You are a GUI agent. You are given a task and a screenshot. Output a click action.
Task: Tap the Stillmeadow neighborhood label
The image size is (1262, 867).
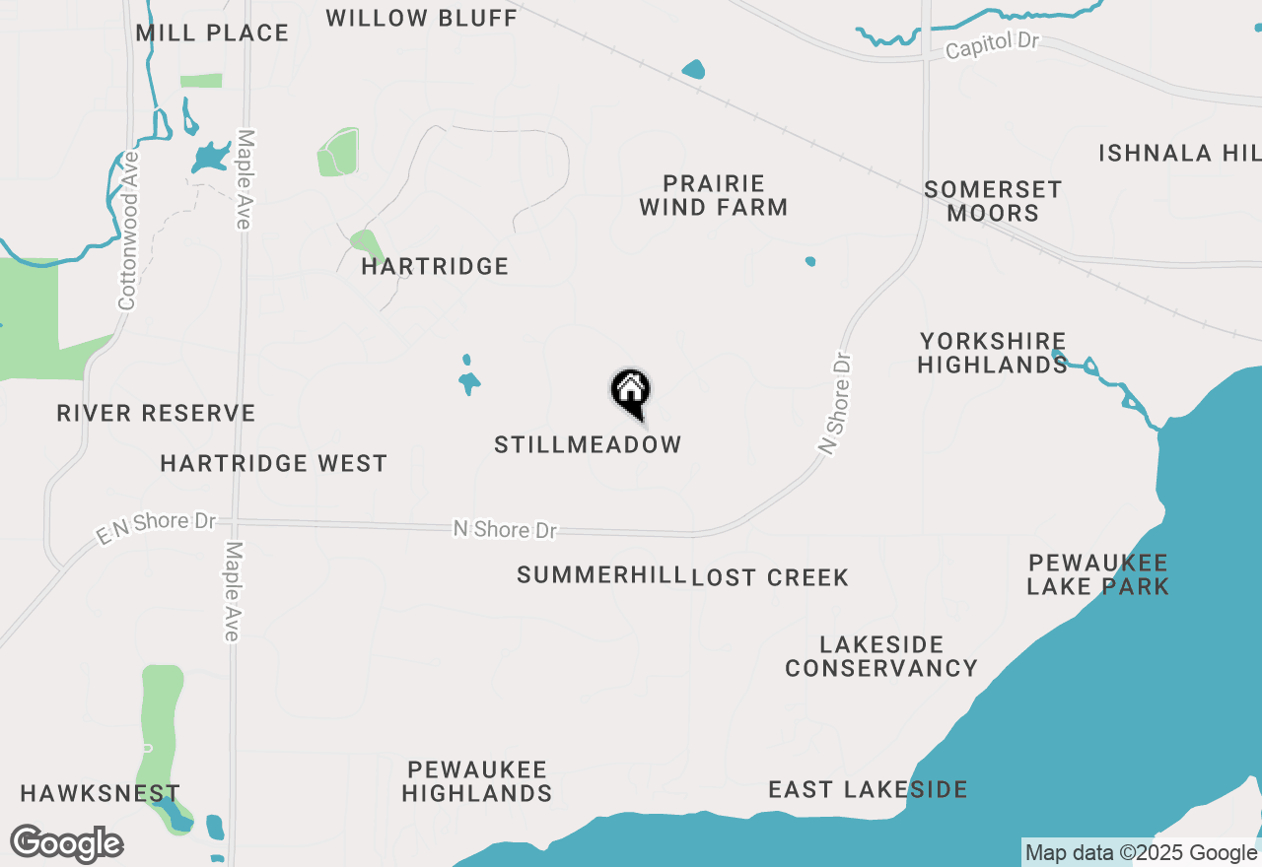[x=588, y=444]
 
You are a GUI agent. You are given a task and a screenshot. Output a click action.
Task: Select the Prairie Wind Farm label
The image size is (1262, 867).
[x=713, y=195]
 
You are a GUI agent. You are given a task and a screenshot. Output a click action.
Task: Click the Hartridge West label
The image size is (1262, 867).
[x=273, y=463]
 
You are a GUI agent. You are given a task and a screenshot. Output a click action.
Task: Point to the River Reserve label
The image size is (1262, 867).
[x=156, y=413]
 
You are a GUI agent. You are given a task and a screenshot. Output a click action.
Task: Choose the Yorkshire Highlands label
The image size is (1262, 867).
[x=992, y=353]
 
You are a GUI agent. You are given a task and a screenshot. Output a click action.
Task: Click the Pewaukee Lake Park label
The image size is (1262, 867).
[x=1097, y=574]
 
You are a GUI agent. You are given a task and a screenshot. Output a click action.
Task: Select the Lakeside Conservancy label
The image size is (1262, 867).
[x=881, y=656]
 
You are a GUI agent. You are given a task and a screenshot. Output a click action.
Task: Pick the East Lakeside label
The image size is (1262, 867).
[x=868, y=789]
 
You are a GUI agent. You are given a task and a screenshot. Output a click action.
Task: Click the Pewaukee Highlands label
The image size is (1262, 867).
[x=476, y=780]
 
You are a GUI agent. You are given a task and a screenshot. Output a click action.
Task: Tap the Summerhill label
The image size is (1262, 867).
[x=600, y=574]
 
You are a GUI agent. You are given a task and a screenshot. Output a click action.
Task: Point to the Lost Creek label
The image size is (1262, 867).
[x=770, y=577]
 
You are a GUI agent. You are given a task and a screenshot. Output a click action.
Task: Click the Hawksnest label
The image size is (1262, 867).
[x=100, y=793]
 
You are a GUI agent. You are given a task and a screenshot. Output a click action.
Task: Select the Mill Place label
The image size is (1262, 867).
[x=212, y=33]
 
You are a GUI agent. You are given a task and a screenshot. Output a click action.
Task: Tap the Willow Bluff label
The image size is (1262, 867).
[x=421, y=18]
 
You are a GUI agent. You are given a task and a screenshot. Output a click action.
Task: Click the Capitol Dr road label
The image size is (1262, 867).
[x=993, y=45]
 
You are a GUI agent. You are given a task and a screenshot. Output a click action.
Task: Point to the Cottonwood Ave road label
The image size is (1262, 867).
[x=128, y=231]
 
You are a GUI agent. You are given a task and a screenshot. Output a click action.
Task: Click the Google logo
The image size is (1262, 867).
[x=67, y=843]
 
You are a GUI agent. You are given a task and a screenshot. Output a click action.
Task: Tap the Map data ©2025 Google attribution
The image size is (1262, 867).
[x=1141, y=853]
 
